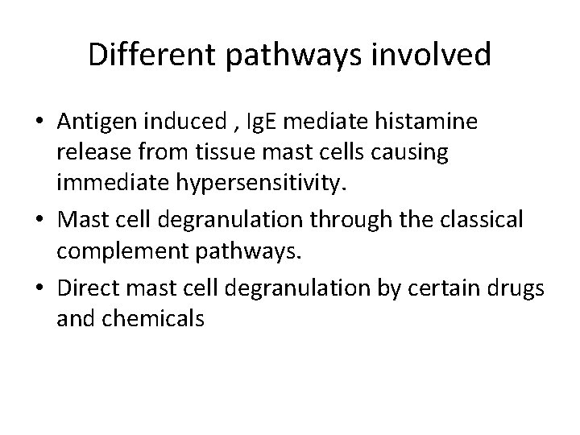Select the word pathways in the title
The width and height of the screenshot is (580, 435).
(286, 56)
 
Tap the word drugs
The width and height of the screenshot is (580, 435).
(520, 288)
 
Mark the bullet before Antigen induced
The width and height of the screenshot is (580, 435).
(42, 122)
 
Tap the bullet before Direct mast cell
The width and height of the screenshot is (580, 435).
(42, 288)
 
